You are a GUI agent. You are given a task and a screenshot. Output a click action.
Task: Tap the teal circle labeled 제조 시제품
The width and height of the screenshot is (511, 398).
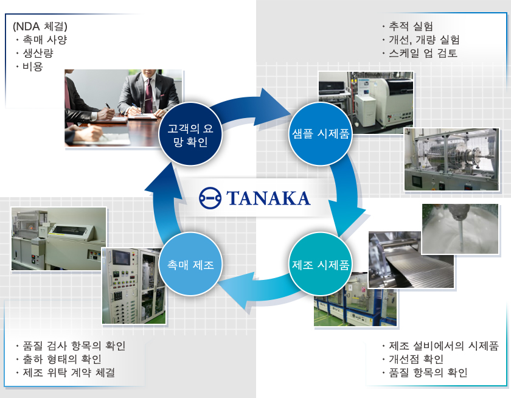[x=320, y=265]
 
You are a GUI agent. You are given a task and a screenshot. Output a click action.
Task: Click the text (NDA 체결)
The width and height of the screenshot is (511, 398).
[x=40, y=26]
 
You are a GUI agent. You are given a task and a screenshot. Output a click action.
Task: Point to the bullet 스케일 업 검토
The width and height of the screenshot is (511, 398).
[x=423, y=53]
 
